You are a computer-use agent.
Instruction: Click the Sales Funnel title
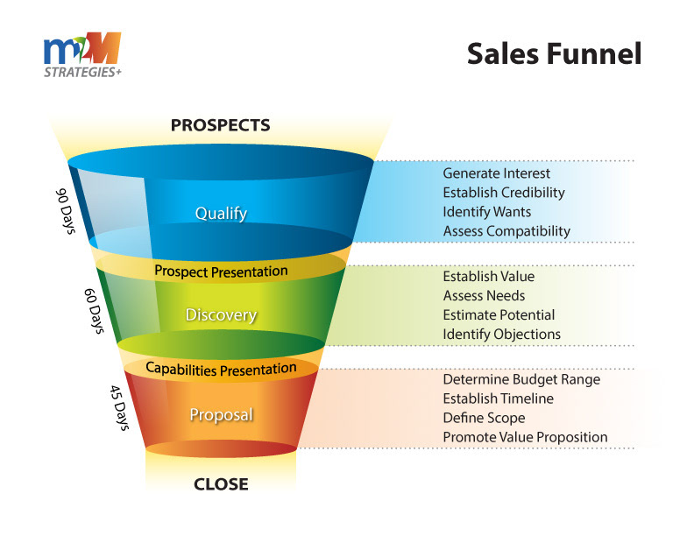coord(554,53)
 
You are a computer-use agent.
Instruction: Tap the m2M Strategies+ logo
coord(82,55)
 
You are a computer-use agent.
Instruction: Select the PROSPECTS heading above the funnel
coord(221,125)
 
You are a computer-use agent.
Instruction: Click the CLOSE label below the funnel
coord(221,483)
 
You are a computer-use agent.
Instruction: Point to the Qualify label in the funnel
coord(221,214)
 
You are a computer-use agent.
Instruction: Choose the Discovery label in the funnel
coord(221,315)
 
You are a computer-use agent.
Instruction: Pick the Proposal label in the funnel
coord(222,415)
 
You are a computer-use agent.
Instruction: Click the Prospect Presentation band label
coord(221,272)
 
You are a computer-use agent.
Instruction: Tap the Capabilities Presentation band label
coord(221,369)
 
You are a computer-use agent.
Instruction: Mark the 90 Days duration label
coord(66,211)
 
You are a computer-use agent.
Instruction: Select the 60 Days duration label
coord(95,311)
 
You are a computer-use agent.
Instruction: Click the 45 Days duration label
coord(119,407)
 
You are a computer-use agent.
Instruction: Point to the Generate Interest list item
coord(496,173)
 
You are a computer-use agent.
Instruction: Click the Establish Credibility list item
coord(504,193)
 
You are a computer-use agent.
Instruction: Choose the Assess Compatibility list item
coord(506,231)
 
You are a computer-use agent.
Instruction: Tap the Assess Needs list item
coord(484,295)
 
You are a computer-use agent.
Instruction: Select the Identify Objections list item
coord(502,334)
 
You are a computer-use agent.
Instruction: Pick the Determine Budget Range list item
coord(521,380)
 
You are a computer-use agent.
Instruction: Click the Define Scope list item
coord(484,419)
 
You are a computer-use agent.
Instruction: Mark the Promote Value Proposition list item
coord(525,437)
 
